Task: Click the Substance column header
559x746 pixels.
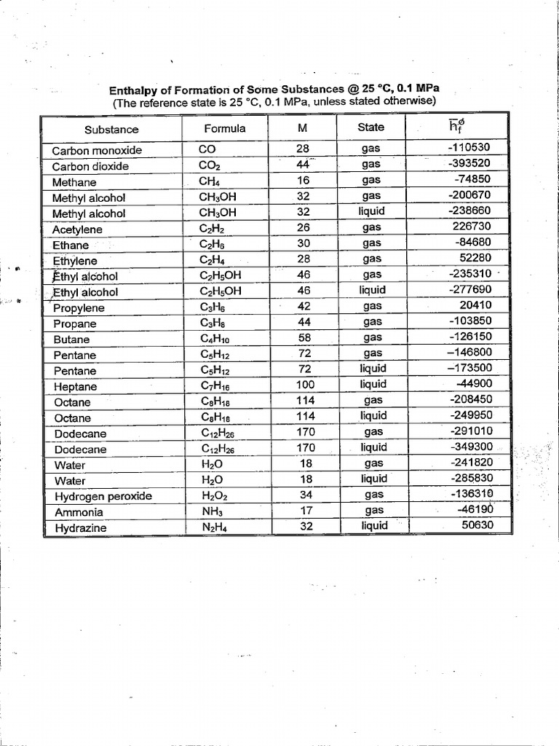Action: point(111,130)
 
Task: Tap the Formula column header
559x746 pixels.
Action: point(224,128)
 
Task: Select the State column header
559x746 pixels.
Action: point(370,127)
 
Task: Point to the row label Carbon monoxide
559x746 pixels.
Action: point(97,151)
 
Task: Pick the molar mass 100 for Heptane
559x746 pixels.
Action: point(304,385)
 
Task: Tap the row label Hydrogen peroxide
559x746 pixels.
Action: point(103,496)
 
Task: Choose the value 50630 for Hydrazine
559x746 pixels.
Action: point(476,525)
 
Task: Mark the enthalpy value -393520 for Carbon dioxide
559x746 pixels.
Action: point(470,163)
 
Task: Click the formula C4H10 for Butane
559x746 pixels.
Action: point(215,339)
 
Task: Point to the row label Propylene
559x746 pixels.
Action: point(79,308)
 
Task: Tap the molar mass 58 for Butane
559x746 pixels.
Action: point(304,337)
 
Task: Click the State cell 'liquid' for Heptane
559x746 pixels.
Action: point(373,385)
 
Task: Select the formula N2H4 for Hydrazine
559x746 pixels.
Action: point(212,527)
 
